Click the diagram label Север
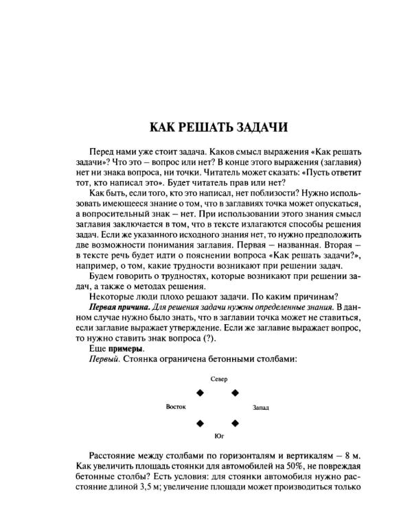tap(218, 378)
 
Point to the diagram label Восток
tap(176, 406)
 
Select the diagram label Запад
tap(261, 408)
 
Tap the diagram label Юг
tap(219, 435)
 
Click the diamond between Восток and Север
tap(201, 392)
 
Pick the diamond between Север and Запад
tap(235, 392)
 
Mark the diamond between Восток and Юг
tap(201, 423)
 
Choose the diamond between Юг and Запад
tap(235, 423)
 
